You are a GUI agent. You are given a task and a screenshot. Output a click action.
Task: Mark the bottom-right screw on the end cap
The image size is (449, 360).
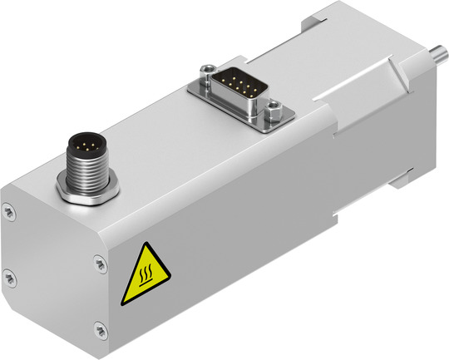point(100,329)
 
